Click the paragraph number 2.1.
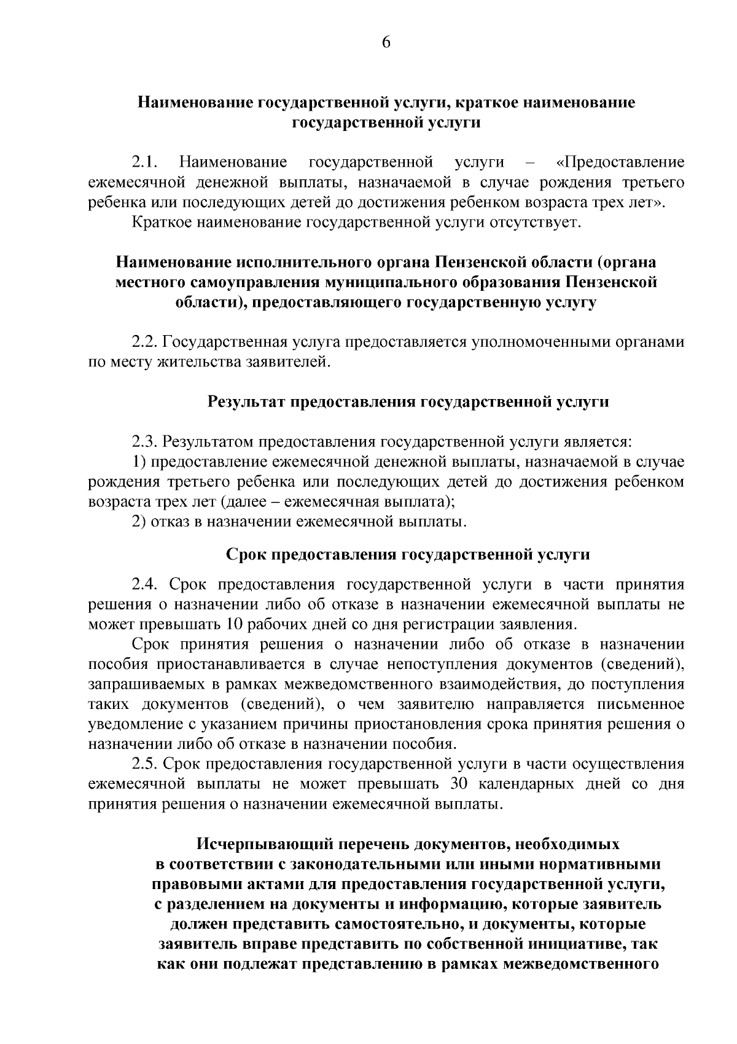(x=146, y=162)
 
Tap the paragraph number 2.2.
(x=146, y=342)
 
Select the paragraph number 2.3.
(x=146, y=442)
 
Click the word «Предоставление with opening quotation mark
(x=620, y=162)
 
